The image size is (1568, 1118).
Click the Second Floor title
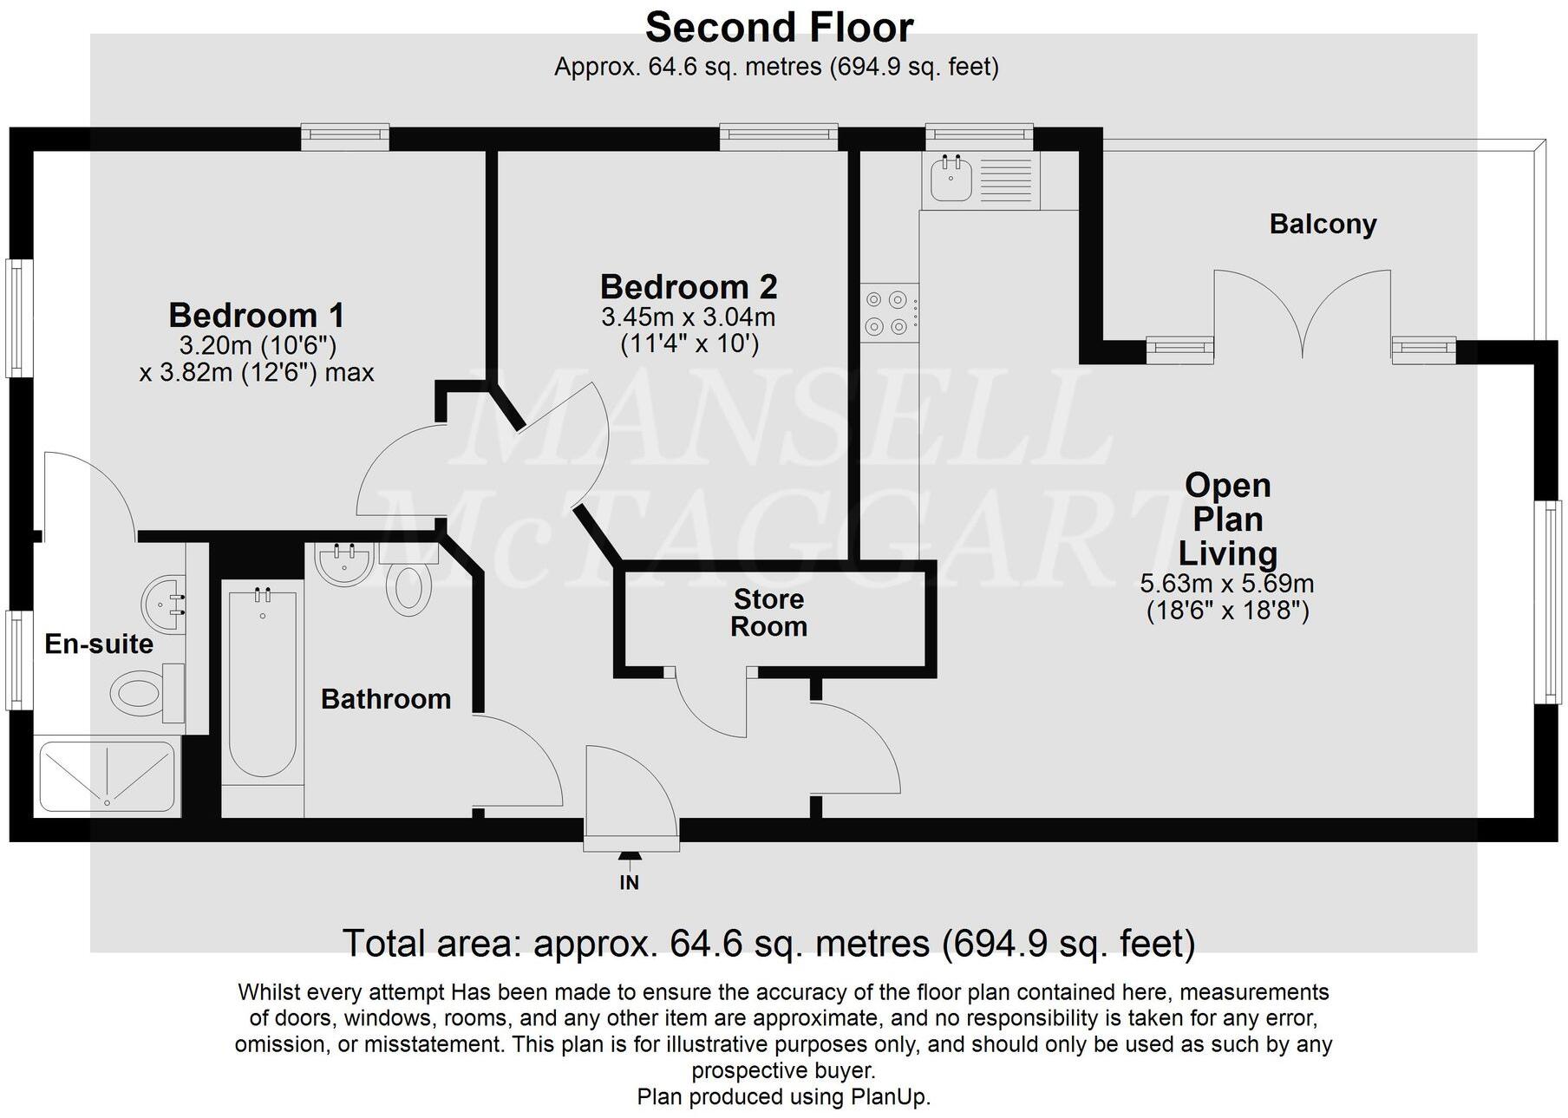click(x=779, y=28)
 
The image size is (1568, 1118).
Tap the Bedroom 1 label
click(x=257, y=315)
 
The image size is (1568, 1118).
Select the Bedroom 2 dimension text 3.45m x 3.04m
click(x=689, y=317)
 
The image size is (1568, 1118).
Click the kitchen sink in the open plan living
click(x=952, y=180)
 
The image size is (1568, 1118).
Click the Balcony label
click(x=1323, y=225)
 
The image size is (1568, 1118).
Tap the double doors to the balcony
click(x=1302, y=317)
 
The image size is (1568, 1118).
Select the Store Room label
click(x=768, y=612)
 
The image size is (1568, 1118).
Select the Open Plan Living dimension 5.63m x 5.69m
click(x=1226, y=584)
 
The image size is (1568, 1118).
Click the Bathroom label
click(x=386, y=699)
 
